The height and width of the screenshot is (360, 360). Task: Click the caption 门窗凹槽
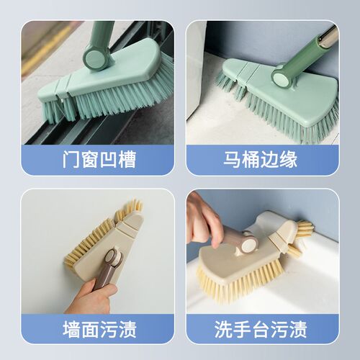(99, 159)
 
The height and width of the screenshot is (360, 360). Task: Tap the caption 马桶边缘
(261, 159)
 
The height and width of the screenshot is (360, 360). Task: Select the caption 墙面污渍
(99, 329)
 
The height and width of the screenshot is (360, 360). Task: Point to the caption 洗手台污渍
(261, 329)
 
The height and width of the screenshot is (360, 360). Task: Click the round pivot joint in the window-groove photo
(95, 58)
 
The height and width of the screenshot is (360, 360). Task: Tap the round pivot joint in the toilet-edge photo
(282, 76)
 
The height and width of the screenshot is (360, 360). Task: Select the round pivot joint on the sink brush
(248, 243)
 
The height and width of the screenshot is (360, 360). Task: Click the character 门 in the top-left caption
(71, 159)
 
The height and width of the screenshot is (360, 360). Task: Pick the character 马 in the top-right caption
(232, 159)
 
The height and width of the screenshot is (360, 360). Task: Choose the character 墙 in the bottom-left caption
(71, 329)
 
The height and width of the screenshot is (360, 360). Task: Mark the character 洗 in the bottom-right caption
(223, 329)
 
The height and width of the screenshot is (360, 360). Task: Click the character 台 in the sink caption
(261, 329)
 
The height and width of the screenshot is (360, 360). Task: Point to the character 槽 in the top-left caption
(127, 159)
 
